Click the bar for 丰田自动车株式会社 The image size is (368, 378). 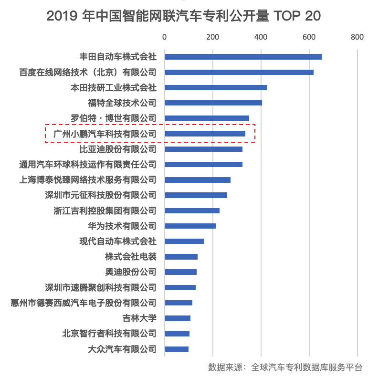(243, 57)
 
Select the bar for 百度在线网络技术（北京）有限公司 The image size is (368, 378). (239, 72)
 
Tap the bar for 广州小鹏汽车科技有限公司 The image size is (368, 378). (205, 134)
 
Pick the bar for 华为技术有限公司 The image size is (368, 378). (190, 226)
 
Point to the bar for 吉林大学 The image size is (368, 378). (178, 318)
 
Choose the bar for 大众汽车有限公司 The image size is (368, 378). (177, 349)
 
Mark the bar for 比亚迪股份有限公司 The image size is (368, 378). (203, 149)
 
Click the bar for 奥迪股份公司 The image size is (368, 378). (180, 272)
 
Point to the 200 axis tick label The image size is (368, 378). (213, 37)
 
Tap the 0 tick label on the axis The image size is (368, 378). (165, 37)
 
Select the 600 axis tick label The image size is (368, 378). (309, 37)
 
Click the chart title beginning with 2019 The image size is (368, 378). (184, 16)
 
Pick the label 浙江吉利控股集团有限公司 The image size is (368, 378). (105, 210)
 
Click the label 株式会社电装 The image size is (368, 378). (130, 257)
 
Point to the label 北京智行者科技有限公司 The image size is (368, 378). (109, 334)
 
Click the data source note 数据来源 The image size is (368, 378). (285, 367)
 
